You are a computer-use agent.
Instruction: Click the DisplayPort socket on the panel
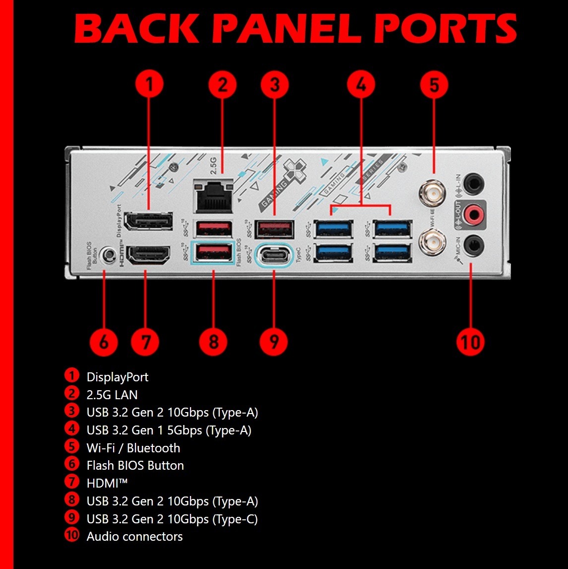(148, 221)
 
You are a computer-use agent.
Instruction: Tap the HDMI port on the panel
(149, 256)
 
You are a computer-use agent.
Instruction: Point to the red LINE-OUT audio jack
(474, 214)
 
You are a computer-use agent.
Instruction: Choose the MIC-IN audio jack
(474, 245)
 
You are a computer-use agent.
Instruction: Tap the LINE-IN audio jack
(474, 183)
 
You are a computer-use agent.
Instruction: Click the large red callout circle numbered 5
(434, 85)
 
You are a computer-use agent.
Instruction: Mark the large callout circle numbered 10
(470, 342)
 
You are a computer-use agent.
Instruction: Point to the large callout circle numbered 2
(223, 85)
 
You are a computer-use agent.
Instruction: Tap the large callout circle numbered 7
(145, 342)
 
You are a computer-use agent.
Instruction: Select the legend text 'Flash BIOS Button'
(135, 465)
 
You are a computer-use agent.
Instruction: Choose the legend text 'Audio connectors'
(134, 536)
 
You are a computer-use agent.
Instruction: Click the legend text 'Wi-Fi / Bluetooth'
(133, 448)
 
